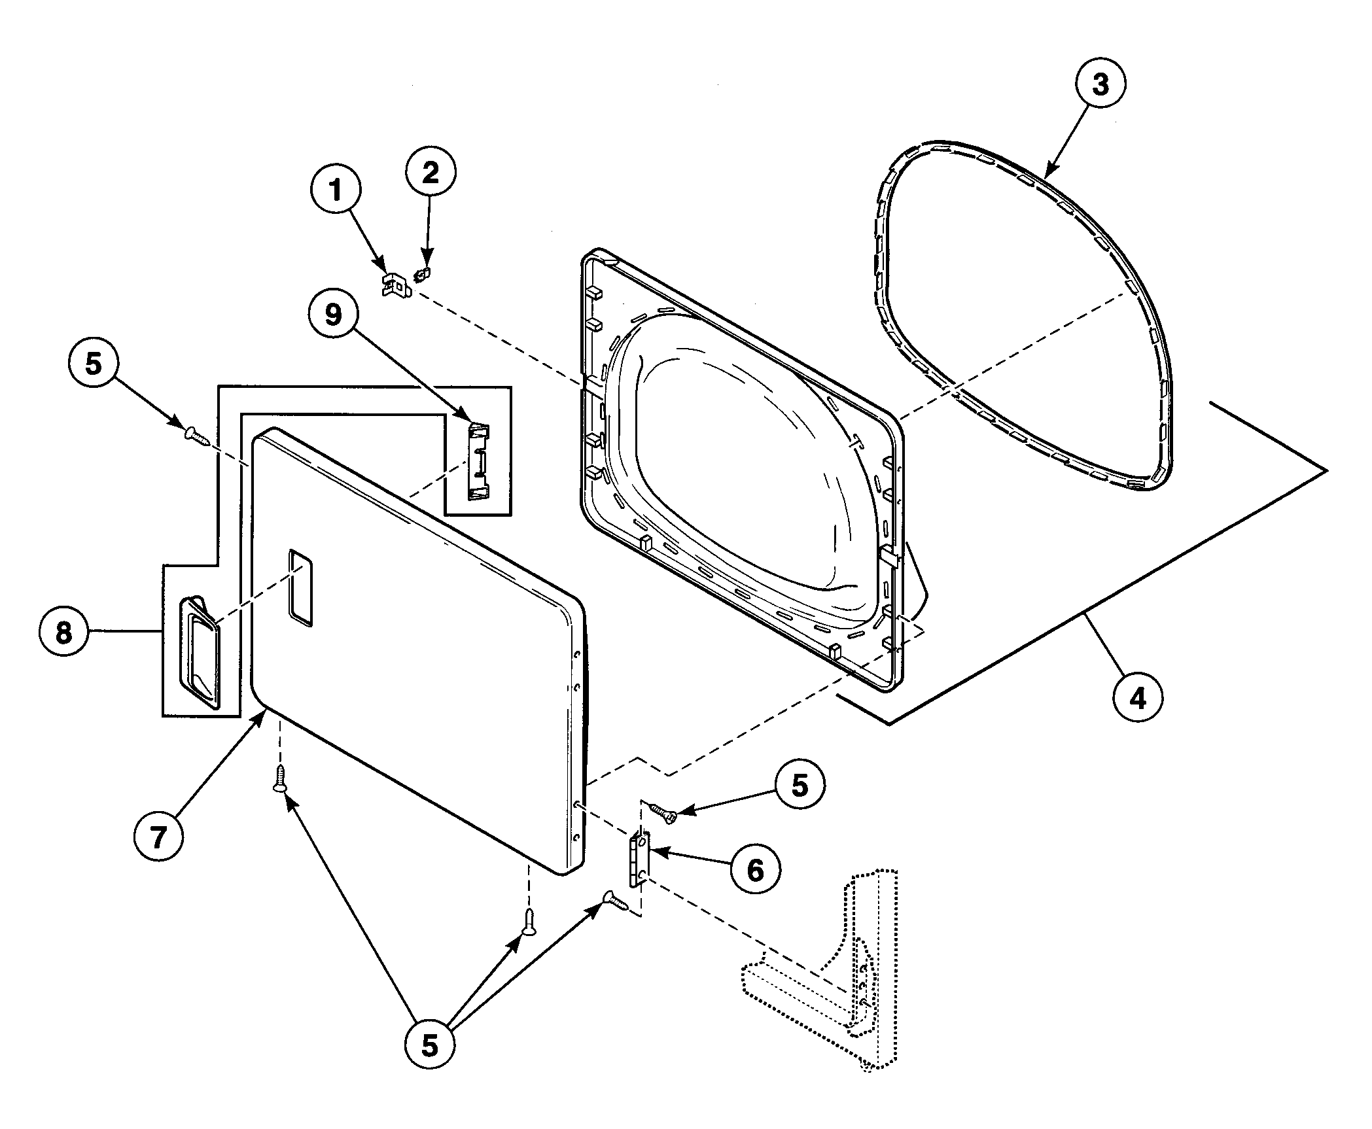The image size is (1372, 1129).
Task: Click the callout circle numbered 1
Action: click(x=336, y=191)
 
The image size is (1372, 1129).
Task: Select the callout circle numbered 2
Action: click(x=430, y=173)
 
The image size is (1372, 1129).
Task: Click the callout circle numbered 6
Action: click(x=755, y=870)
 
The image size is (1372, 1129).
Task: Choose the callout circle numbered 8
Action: click(x=63, y=632)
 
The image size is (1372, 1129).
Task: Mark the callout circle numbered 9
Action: click(x=334, y=315)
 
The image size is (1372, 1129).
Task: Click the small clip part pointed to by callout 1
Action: click(x=395, y=286)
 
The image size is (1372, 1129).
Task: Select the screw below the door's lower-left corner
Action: click(x=280, y=778)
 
